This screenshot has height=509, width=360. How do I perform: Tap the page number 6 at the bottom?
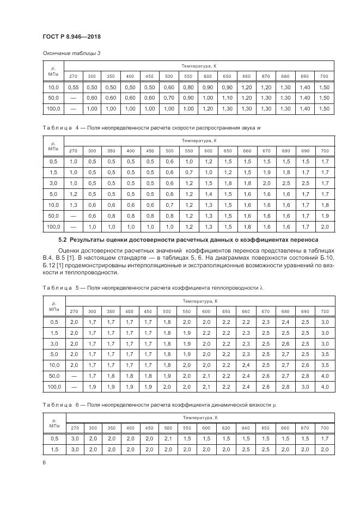point(43,462)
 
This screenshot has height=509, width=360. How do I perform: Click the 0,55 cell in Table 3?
point(73,87)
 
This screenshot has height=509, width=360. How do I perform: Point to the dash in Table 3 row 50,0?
point(73,98)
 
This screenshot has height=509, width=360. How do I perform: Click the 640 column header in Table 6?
point(246,428)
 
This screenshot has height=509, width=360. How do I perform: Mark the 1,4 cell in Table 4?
point(208,194)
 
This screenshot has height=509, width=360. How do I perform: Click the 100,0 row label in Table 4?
point(53,226)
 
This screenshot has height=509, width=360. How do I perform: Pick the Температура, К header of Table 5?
point(200,301)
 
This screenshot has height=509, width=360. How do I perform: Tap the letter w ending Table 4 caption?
point(259,128)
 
